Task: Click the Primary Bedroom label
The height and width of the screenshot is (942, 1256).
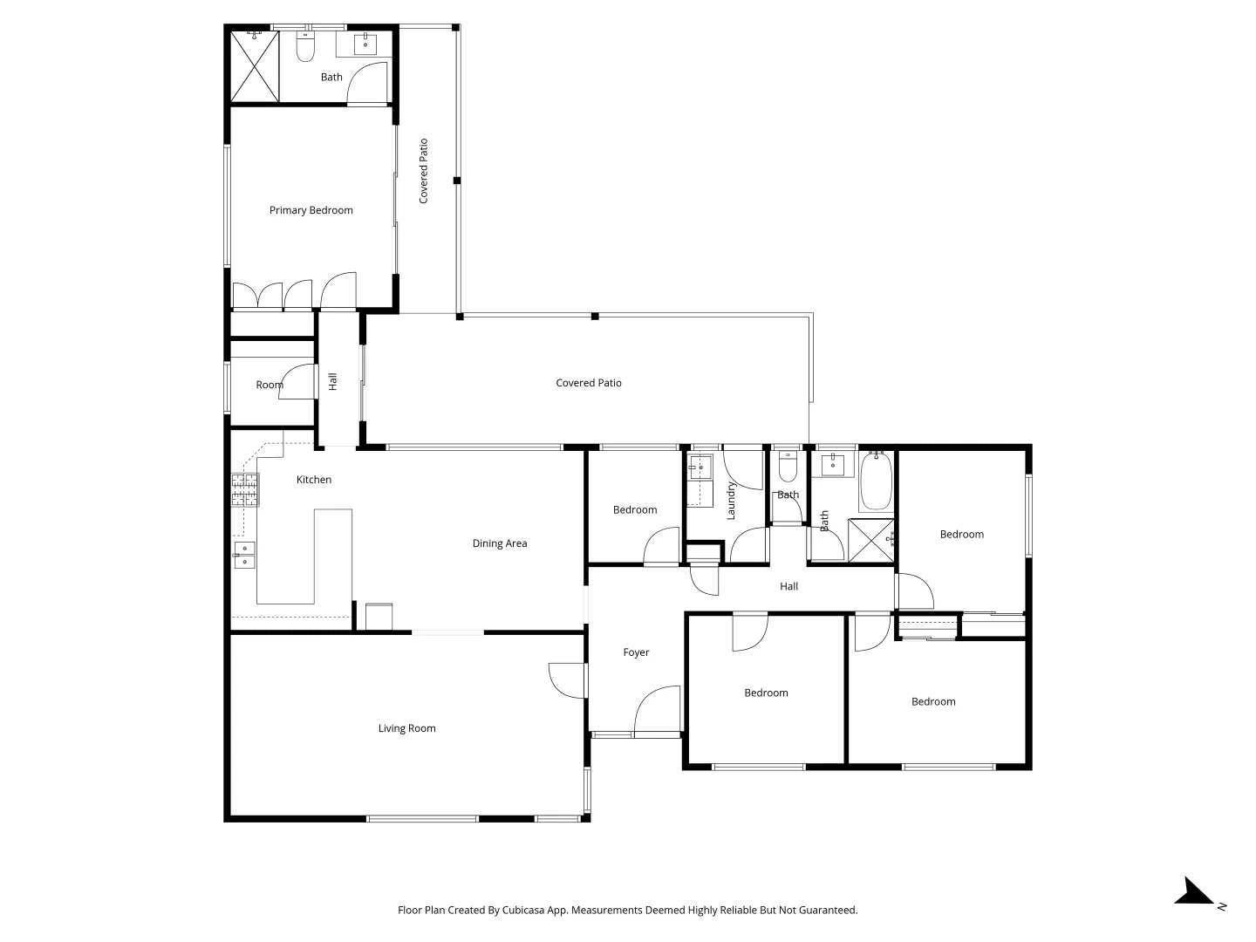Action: click(311, 210)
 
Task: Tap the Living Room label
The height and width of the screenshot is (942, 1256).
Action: click(406, 728)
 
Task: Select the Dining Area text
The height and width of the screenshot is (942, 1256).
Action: click(500, 543)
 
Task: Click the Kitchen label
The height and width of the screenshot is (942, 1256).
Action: click(314, 480)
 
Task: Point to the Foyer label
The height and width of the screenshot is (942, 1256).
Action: click(636, 652)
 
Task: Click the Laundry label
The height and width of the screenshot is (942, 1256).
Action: click(731, 501)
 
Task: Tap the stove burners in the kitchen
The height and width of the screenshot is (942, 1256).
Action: click(245, 489)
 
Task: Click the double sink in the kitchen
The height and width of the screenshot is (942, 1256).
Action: click(244, 555)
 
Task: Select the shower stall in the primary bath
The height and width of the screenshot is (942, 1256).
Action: click(254, 66)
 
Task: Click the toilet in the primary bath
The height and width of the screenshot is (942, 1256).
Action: click(304, 47)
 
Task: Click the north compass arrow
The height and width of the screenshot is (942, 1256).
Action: click(1194, 893)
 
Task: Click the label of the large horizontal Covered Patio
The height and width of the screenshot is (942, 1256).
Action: click(589, 383)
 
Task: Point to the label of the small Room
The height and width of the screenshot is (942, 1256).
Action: click(270, 385)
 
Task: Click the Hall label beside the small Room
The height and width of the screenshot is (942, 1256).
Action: click(332, 381)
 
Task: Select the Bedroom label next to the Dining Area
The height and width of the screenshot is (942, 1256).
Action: click(635, 510)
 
